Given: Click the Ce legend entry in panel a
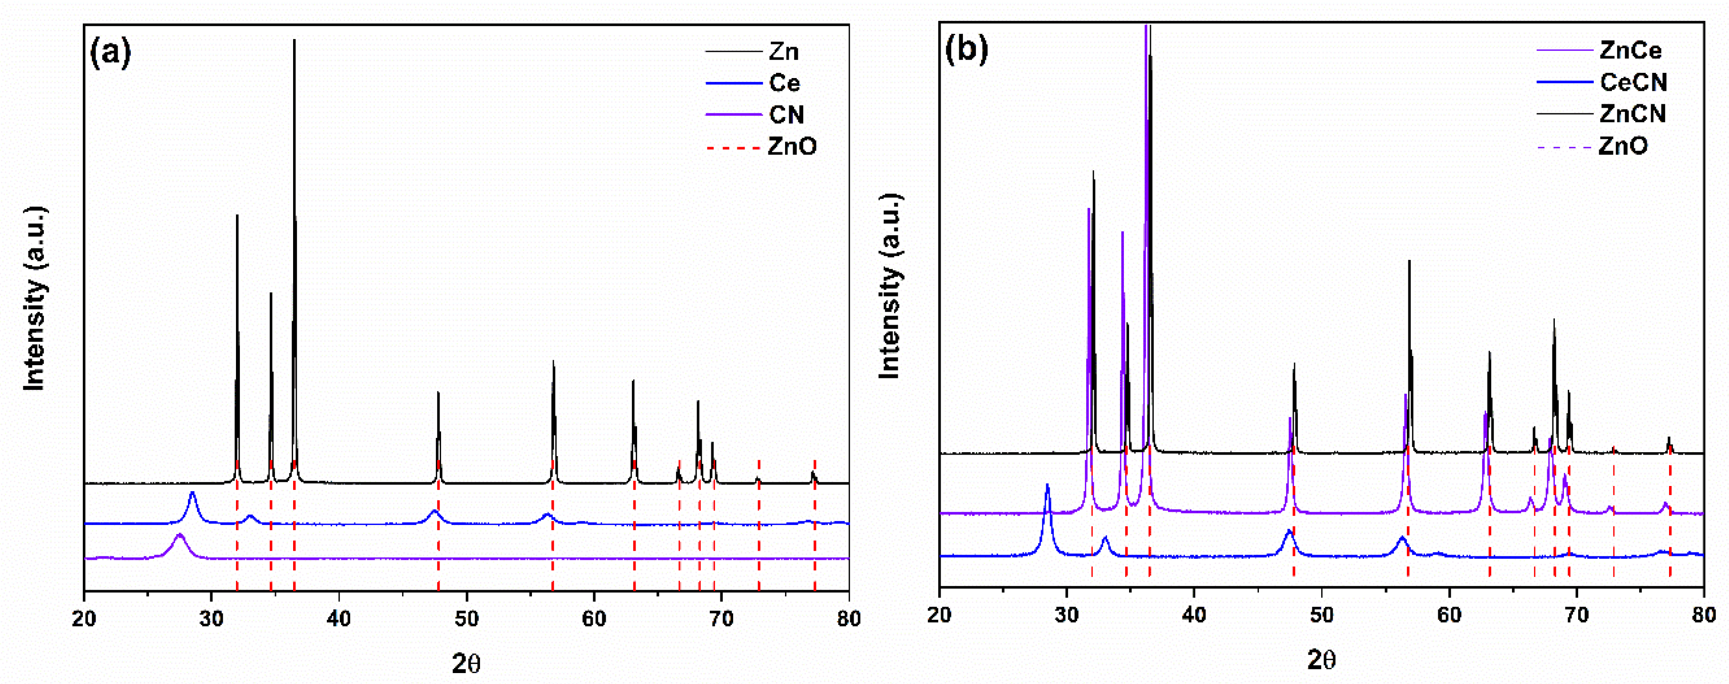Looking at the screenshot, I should tap(784, 83).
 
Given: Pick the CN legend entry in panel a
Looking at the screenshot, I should tap(786, 115).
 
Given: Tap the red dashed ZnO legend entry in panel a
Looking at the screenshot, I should tap(792, 146).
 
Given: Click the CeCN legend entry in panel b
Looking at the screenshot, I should tap(1632, 82).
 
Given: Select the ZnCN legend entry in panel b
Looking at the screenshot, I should tap(1632, 113).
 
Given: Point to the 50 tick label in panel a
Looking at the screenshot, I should tap(466, 618).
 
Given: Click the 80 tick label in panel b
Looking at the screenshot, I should tap(1703, 615).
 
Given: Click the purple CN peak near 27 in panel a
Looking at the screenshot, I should tap(179, 535).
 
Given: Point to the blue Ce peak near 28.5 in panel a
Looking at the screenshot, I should tap(193, 494).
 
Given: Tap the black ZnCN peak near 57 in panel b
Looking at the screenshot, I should tap(1409, 262).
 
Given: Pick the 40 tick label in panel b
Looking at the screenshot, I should tap(1194, 615).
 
